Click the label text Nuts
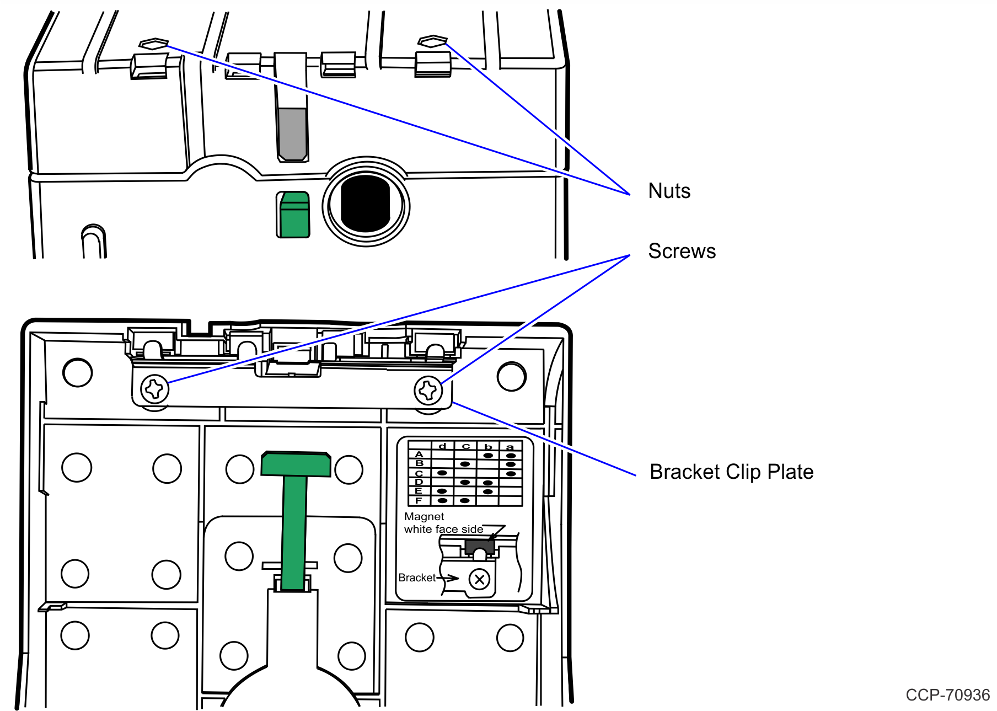(x=669, y=191)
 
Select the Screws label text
(x=682, y=251)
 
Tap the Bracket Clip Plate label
(x=731, y=472)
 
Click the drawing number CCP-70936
(x=947, y=695)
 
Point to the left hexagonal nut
(x=154, y=44)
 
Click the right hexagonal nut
(x=432, y=41)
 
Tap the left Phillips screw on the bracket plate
(x=155, y=389)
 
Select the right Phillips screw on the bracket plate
(x=428, y=391)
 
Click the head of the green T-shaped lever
(x=296, y=464)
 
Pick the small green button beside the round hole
(x=293, y=215)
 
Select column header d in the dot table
(x=442, y=446)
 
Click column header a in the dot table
(x=510, y=447)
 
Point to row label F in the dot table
(x=419, y=500)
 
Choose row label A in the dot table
(x=419, y=455)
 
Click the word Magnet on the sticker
(x=424, y=517)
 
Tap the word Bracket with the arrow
(x=417, y=578)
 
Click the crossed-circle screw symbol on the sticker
(x=479, y=580)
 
